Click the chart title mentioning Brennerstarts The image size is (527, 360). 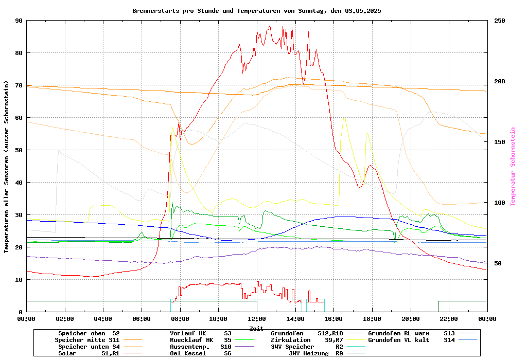click(x=256, y=10)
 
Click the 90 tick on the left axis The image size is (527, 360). click(x=19, y=21)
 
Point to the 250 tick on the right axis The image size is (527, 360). click(x=500, y=21)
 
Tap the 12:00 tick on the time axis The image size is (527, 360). click(x=257, y=319)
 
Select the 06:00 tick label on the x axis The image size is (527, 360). click(x=142, y=319)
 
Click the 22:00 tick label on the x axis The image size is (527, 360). click(x=449, y=319)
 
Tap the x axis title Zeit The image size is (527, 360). click(x=256, y=328)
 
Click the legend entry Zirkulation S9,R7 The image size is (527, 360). click(x=307, y=340)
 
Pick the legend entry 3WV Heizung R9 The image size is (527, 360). click(x=315, y=353)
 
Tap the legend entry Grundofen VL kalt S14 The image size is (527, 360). click(x=412, y=340)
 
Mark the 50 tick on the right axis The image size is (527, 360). click(x=498, y=263)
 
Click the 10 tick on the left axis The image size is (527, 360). click(x=19, y=280)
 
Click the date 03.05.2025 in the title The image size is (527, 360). click(x=363, y=10)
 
